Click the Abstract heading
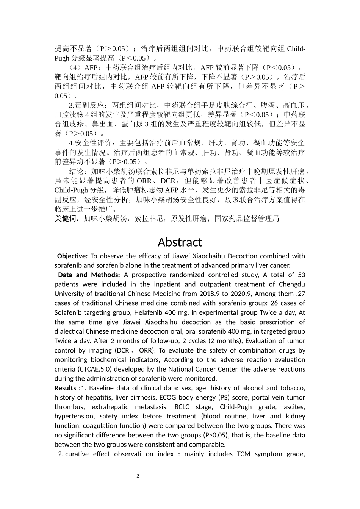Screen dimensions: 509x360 (180, 242)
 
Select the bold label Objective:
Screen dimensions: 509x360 (72, 256)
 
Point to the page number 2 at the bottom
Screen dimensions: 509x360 (138, 476)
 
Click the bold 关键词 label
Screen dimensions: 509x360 (66, 219)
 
